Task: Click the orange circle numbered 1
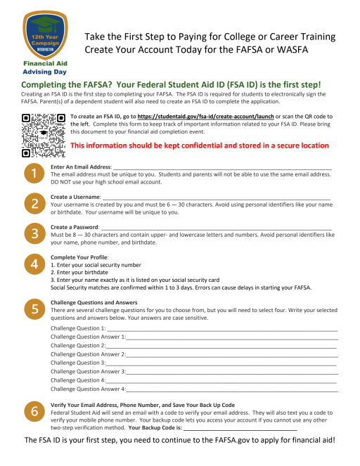32,173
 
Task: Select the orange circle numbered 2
32,204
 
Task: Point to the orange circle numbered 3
32,233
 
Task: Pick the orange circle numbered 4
32,264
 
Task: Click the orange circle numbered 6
32,410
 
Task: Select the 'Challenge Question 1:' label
79,328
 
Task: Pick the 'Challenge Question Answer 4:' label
88,388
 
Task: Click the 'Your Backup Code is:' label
155,427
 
